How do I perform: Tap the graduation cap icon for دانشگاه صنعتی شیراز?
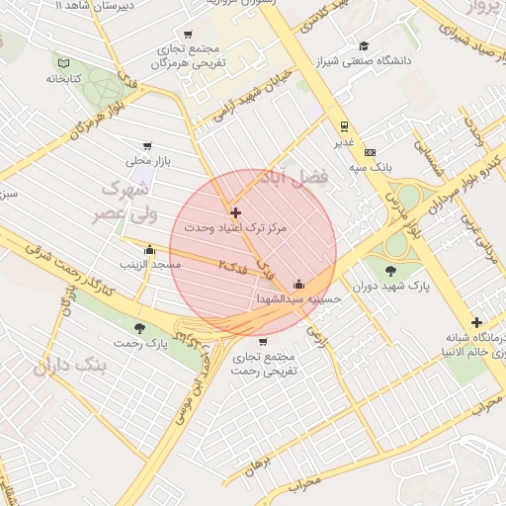364,45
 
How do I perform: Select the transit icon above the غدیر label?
344,126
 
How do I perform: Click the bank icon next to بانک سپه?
370,152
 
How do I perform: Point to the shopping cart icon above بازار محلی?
148,145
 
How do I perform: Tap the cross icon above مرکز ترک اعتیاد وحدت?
235,212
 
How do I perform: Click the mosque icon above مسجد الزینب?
149,250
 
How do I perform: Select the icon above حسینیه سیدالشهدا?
299,284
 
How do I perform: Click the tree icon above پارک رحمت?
137,328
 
